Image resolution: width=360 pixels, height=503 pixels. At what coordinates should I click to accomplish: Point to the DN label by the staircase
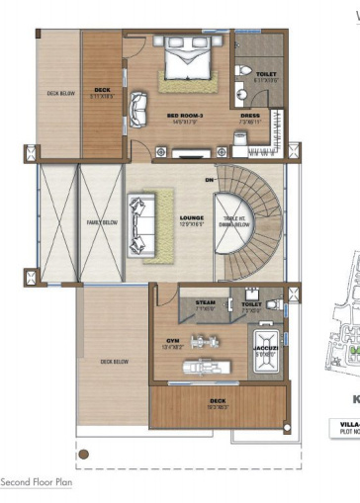pos(209,180)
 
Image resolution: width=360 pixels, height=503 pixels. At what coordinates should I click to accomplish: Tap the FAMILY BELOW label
pos(96,224)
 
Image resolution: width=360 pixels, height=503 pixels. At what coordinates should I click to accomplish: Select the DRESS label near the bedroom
pos(249,116)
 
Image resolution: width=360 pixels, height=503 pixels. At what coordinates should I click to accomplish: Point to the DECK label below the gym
pos(219,402)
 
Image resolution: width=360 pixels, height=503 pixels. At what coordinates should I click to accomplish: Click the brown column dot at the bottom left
pos(85,455)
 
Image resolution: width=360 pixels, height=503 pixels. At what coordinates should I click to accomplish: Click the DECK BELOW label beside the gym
pos(115,362)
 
